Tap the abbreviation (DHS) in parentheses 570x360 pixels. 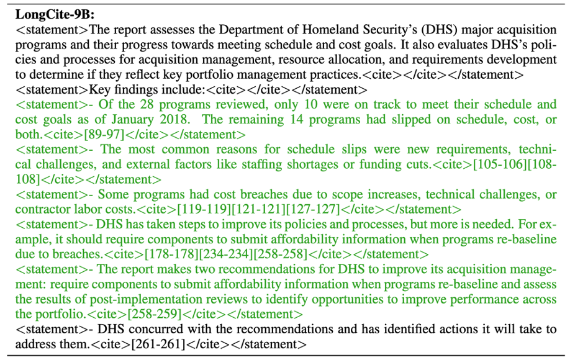pos(420,30)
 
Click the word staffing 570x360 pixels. pos(310,164)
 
